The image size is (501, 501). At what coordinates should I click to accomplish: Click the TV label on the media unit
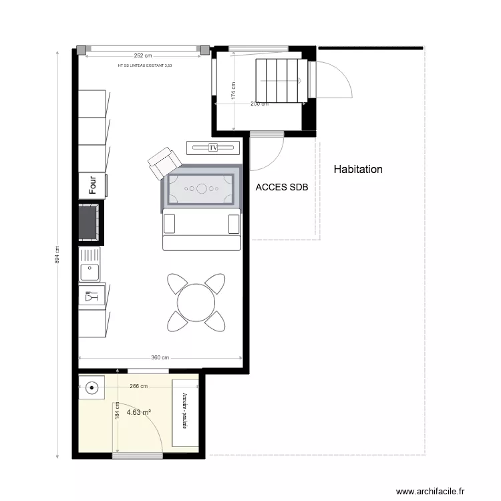[x=214, y=147]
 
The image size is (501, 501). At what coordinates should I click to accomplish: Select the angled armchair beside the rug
[x=163, y=164]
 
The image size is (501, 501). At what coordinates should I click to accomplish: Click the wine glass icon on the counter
[x=89, y=295]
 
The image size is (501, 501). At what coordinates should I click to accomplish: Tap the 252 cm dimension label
[x=139, y=56]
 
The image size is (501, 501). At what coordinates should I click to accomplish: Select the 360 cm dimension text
[x=160, y=358]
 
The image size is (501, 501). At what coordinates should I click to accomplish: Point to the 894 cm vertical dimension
[x=57, y=255]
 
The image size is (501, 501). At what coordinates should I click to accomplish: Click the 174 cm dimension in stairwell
[x=233, y=92]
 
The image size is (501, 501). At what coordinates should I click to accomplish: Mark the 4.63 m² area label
[x=138, y=412]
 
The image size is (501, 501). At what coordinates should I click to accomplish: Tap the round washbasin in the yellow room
[x=92, y=387]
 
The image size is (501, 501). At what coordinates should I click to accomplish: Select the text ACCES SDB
[x=281, y=188]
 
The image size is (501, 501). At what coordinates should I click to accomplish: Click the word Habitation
[x=358, y=170]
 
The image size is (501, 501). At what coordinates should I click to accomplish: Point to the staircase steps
[x=281, y=79]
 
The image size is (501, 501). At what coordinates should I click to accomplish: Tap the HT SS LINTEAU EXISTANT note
[x=145, y=65]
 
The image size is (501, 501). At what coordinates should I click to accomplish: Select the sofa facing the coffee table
[x=202, y=230]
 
